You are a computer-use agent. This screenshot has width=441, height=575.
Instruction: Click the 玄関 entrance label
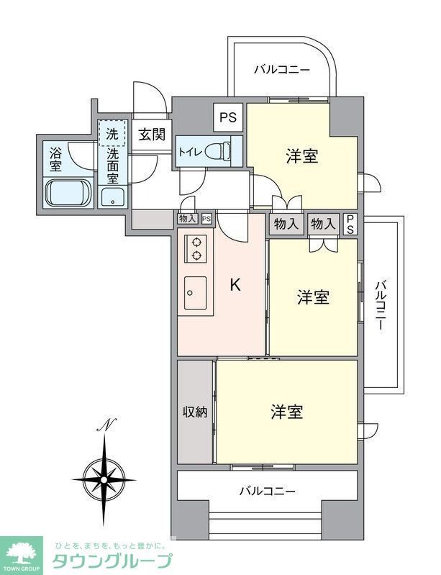152,134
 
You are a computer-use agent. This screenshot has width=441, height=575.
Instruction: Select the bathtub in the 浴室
68,194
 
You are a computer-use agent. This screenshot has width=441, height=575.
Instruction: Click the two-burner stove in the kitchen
195,248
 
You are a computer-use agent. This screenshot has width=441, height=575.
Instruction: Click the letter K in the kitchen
235,285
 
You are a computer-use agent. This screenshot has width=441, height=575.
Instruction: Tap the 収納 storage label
194,412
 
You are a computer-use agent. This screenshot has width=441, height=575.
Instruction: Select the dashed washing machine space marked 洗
112,133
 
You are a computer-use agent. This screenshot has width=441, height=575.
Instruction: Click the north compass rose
105,476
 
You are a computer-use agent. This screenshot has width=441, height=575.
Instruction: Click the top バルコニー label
282,71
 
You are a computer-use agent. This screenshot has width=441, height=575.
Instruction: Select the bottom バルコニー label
267,492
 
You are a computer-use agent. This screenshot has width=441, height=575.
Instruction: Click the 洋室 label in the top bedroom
302,155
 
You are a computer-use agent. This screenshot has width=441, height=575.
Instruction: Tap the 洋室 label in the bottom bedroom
286,412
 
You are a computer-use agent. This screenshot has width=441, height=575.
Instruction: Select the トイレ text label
190,152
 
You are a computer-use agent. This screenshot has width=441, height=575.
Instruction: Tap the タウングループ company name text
112,561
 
